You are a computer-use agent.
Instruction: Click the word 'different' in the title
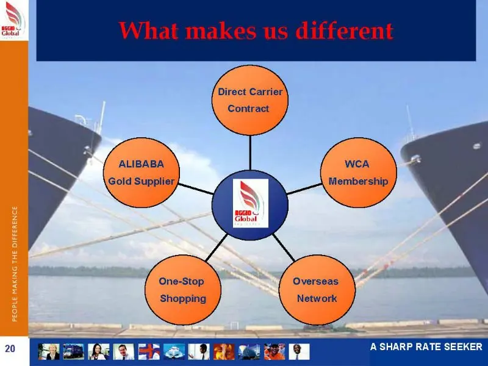345,30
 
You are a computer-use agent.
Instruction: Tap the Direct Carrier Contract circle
250,100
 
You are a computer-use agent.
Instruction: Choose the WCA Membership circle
359,173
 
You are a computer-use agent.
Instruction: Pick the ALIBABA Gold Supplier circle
142,173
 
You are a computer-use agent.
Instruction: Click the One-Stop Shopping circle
183,290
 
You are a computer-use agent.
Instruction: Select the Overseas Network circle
317,290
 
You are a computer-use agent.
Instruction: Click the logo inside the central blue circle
251,203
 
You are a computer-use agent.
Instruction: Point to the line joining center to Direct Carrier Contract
250,153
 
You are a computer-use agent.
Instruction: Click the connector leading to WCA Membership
304,189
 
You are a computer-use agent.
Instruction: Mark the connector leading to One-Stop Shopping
217,248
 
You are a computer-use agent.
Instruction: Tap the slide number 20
10,348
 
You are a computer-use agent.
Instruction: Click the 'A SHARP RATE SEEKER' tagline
426,346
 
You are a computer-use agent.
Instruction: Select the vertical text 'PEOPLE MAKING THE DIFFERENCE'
15,264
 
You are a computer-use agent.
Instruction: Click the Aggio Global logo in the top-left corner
13,20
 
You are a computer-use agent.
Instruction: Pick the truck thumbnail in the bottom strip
73,352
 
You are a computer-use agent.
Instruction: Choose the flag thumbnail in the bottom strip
149,352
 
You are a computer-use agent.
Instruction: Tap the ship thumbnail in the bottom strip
174,352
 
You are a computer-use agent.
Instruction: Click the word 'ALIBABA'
142,164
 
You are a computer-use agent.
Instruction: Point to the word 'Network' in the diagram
317,298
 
